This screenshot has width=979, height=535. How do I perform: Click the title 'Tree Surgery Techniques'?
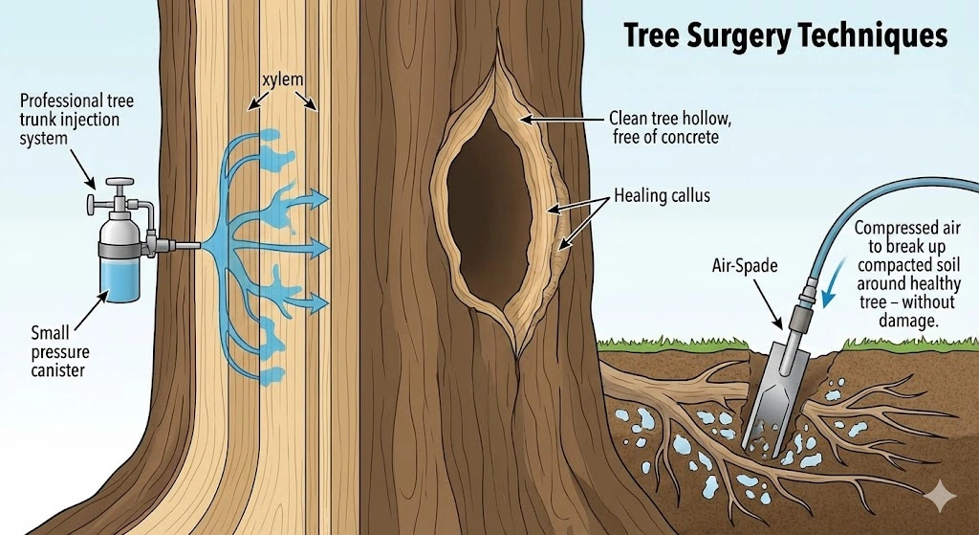click(785, 36)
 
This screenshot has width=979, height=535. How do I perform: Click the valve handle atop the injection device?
click(120, 183)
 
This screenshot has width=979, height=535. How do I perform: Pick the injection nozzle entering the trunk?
click(185, 246)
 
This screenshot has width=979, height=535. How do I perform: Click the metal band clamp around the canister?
click(120, 250)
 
